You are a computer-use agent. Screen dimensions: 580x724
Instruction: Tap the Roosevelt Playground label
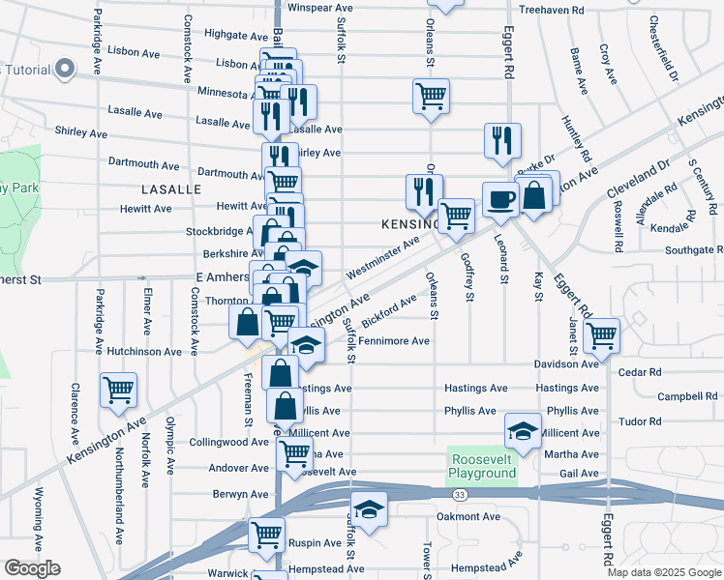tap(482, 467)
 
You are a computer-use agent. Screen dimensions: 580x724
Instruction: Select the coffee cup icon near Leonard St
tap(499, 199)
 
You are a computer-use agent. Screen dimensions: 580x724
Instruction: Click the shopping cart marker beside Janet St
tap(602, 335)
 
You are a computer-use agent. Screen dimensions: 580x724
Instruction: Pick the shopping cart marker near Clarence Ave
tap(119, 391)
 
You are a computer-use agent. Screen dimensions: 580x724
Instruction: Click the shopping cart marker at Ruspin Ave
tap(266, 535)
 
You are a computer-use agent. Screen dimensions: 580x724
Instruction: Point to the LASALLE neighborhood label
tap(170, 189)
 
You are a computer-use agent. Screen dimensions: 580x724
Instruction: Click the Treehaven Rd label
tap(552, 10)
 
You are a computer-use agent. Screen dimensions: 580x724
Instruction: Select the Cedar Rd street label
tap(641, 372)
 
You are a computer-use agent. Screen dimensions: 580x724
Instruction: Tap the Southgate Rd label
tap(688, 250)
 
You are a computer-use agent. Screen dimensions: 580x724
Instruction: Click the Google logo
tap(32, 568)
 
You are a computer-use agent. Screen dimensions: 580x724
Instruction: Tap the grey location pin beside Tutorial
tap(65, 69)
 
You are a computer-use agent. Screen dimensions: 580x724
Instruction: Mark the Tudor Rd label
tap(640, 421)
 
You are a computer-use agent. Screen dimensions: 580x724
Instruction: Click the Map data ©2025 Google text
tap(664, 572)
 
